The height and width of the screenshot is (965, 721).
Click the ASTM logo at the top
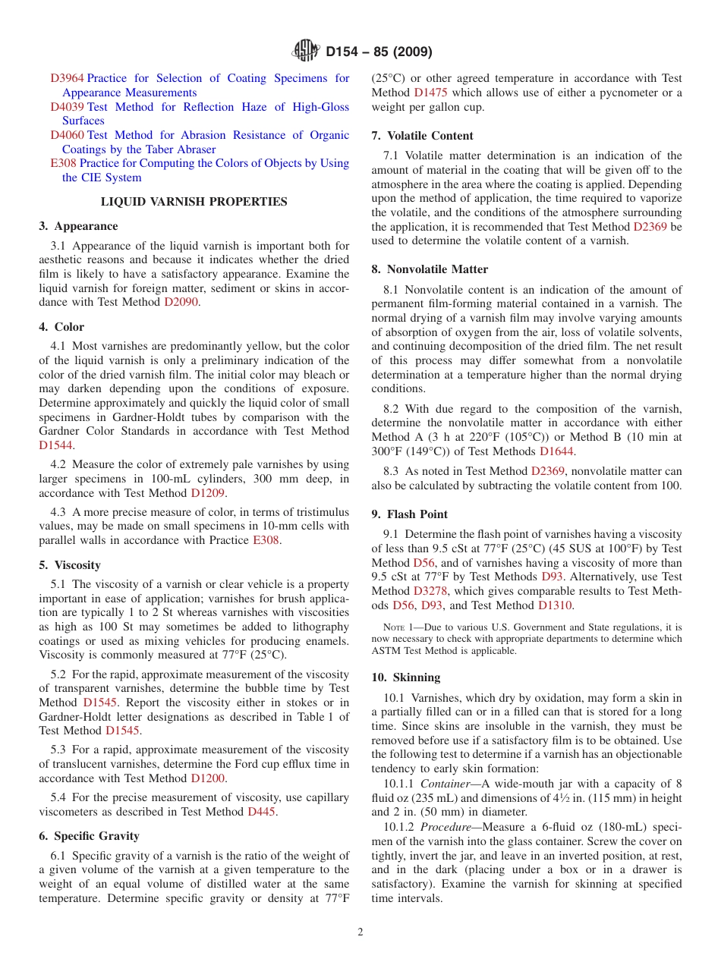pos(306,52)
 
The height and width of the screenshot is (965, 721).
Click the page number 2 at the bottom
pos(360,932)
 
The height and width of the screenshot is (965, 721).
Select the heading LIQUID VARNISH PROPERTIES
pos(194,202)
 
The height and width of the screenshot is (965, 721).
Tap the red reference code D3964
pos(68,78)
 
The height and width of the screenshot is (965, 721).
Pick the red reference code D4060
pos(68,135)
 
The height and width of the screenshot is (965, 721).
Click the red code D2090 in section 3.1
pos(183,302)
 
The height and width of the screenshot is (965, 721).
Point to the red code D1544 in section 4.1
pos(55,445)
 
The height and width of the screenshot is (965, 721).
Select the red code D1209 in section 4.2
pos(208,493)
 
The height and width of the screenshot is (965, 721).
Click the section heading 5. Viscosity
pos(70,565)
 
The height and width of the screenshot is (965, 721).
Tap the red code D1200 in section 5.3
pos(208,778)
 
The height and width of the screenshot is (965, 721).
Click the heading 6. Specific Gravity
pos(89,836)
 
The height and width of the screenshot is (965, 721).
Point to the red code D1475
pos(430,93)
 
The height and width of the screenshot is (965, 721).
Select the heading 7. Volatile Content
pos(422,136)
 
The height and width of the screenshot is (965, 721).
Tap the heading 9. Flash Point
pos(410,514)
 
